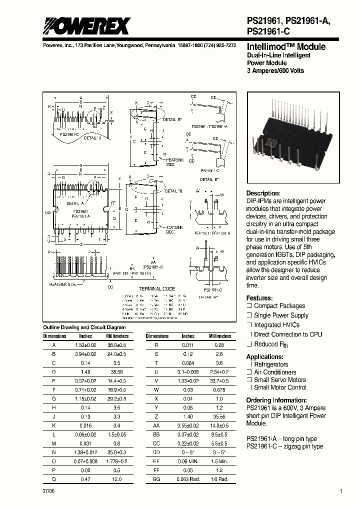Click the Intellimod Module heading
tap(286, 46)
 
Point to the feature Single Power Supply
tap(281, 315)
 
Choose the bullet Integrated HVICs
tap(276, 325)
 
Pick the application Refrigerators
tap(271, 365)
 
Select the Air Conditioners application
tap(275, 372)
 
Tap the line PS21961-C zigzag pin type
tap(284, 446)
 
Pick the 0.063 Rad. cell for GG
tap(187, 479)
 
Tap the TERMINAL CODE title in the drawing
tap(156, 289)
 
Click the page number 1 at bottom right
tap(341, 492)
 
